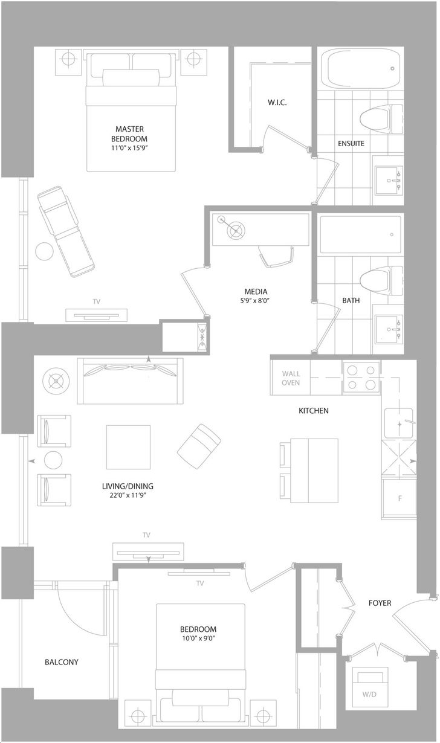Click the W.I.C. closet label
[x=277, y=103]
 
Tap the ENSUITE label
[x=351, y=144]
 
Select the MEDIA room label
[x=256, y=292]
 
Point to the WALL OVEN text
[x=291, y=378]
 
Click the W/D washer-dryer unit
[x=369, y=687]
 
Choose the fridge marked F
[x=399, y=498]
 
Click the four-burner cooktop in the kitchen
[x=361, y=378]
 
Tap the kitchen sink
[x=399, y=423]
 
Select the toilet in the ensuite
[x=381, y=120]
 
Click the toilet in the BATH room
[x=381, y=281]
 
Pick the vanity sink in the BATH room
[x=389, y=330]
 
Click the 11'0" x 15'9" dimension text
[x=129, y=148]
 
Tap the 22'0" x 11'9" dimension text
[x=128, y=495]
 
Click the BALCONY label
[x=62, y=662]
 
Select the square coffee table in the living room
[x=128, y=447]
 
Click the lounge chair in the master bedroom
[x=66, y=231]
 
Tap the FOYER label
[x=380, y=603]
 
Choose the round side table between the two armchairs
[x=53, y=460]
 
